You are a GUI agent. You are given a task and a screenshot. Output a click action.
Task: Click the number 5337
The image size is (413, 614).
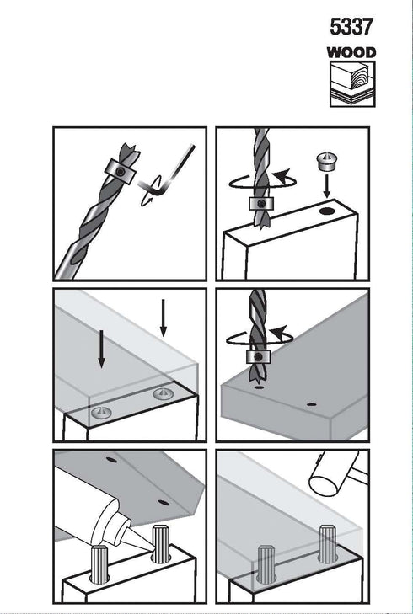pos(351,27)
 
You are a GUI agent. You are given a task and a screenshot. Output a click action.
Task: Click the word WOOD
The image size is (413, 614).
pos(351,52)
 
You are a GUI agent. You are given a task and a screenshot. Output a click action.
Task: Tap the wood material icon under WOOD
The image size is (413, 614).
pos(352,83)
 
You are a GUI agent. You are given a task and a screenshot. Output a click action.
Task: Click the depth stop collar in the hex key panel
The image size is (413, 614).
pos(121,171)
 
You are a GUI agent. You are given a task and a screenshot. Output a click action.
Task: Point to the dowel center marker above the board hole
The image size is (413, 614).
pos(326,162)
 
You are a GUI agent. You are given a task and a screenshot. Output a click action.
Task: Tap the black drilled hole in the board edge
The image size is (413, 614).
pos(328,211)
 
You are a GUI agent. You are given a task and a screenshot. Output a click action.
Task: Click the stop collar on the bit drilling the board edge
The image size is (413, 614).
pos(261,204)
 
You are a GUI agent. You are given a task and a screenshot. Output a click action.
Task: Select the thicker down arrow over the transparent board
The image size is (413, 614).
pos(101,349)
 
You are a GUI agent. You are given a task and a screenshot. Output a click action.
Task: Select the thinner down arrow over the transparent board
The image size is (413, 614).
pos(164,318)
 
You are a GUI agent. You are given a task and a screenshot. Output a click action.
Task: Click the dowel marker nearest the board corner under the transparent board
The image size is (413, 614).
pos(163,393)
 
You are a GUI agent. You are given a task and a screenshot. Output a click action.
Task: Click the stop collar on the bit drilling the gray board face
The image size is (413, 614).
pos(258,357)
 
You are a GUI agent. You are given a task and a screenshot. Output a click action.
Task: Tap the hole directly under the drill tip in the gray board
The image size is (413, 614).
pos(258,387)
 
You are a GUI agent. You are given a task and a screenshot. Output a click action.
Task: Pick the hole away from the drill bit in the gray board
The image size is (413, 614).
pos(312,404)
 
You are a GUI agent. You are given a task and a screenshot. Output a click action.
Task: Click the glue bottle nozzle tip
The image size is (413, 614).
pos(151,552)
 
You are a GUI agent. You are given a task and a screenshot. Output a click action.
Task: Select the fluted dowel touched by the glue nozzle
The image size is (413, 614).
pos(162,544)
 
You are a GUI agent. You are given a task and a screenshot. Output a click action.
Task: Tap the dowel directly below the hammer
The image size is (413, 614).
pos(329,544)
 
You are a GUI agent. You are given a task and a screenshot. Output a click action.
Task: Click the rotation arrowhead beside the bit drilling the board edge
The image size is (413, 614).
pos(282,176)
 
